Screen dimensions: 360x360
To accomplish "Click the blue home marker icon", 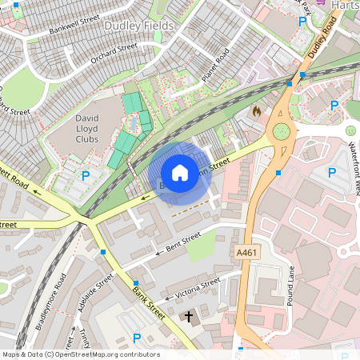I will click(180, 173).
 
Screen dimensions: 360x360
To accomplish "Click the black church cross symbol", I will click(190, 317).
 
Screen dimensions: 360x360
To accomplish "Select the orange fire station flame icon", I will click(256, 110).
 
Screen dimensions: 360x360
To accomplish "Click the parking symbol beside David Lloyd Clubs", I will click(86, 175).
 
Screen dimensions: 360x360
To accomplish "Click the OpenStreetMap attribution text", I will click(80, 354).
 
